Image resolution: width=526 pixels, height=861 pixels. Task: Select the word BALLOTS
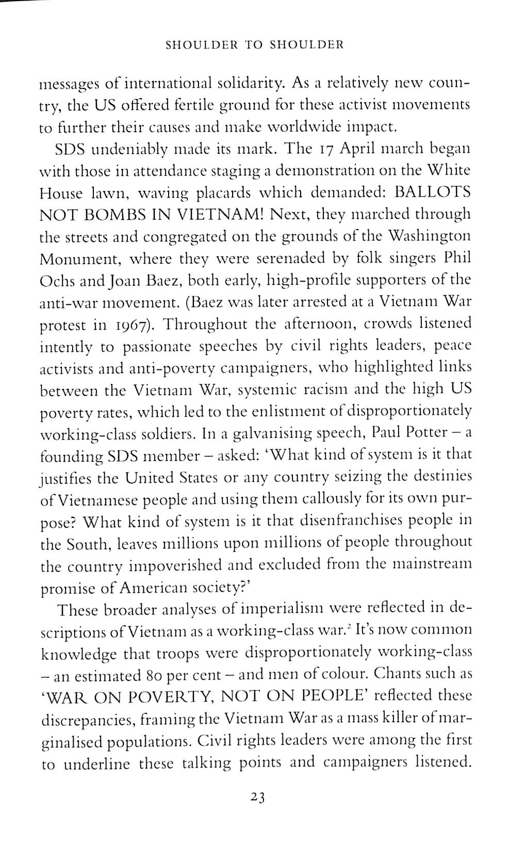click(x=432, y=192)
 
